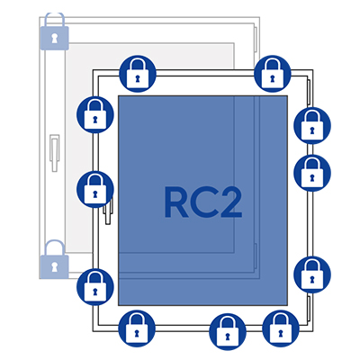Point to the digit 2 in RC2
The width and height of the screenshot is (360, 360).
tap(230, 202)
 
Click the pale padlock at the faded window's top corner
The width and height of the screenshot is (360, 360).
tap(54, 31)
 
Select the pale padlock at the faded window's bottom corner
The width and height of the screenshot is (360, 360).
tap(54, 258)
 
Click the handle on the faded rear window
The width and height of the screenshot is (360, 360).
tap(54, 153)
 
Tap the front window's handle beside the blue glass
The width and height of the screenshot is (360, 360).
tap(108, 210)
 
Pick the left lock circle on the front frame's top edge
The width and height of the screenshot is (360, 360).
tap(138, 74)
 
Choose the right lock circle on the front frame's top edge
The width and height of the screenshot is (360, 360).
tap(273, 74)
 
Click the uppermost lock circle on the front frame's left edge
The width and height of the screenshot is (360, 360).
tap(95, 114)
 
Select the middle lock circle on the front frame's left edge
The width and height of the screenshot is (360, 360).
tap(95, 189)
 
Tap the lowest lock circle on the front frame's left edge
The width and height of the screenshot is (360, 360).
tap(95, 287)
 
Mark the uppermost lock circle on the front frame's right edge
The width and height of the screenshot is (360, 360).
tap(312, 125)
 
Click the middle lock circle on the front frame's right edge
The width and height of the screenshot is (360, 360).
tap(312, 173)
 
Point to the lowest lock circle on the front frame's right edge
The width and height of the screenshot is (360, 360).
tap(312, 274)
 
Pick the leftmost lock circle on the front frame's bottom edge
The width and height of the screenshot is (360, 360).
tap(137, 328)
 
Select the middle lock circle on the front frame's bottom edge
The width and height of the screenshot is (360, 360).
tap(228, 332)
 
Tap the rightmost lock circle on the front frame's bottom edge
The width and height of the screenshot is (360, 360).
tap(281, 328)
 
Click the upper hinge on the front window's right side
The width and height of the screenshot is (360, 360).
tap(308, 94)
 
